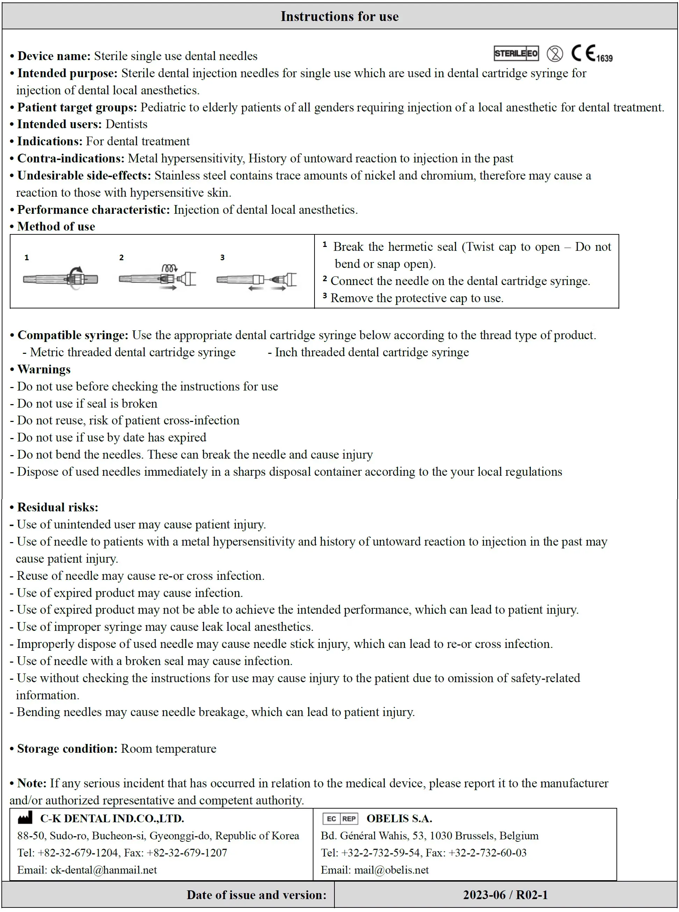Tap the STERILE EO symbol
pos(516,53)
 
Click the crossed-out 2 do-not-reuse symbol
pos(555,54)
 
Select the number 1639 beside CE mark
pos(604,58)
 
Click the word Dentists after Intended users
pos(126,124)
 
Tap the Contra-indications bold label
pos(71,158)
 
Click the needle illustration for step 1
pos(61,279)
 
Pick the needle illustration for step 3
pos(257,280)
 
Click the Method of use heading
pos(56,226)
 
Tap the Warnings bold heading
pos(44,369)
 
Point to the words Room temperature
pos(168,749)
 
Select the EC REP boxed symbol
pos(340,819)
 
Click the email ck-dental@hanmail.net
pos(103,870)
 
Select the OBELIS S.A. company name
pos(399,818)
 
